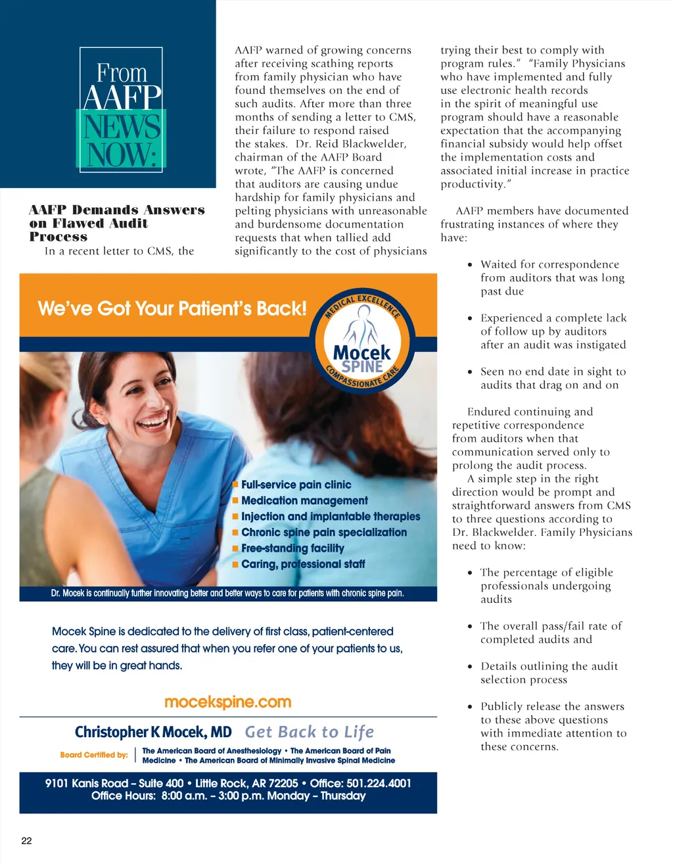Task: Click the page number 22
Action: (x=26, y=840)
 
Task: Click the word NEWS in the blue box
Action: (x=122, y=127)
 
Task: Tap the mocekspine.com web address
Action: (x=227, y=702)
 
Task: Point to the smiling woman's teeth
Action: (x=152, y=420)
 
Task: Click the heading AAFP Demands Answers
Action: (x=116, y=210)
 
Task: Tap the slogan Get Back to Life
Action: (x=310, y=732)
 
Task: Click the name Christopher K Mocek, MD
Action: (x=153, y=732)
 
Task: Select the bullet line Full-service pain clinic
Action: (x=296, y=485)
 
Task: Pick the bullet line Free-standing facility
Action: (x=292, y=548)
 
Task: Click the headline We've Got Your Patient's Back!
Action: (x=172, y=308)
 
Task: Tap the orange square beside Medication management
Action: (x=235, y=500)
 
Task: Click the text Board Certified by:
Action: (x=94, y=755)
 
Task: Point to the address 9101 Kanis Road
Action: (x=87, y=783)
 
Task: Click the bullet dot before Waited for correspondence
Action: (x=469, y=265)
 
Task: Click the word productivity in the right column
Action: (x=473, y=184)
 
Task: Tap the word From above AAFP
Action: (x=122, y=72)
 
